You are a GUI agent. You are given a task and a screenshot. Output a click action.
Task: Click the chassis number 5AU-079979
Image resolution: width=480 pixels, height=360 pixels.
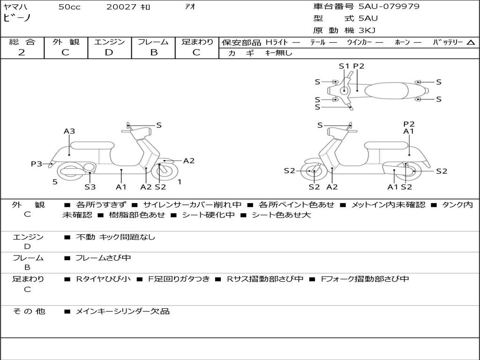(389, 7)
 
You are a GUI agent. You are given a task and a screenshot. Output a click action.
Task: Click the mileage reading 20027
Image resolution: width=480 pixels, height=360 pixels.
(121, 7)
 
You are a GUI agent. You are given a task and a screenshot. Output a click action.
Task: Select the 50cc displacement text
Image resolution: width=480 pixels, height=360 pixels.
(69, 7)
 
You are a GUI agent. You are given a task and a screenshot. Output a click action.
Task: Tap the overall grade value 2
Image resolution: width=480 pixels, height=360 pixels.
(22, 52)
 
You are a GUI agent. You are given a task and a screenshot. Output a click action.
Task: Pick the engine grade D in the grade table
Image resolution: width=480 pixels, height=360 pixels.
(109, 52)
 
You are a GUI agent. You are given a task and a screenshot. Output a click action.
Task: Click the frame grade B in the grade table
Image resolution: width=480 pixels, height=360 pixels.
(153, 52)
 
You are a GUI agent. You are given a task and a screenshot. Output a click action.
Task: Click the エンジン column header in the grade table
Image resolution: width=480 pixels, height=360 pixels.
(109, 42)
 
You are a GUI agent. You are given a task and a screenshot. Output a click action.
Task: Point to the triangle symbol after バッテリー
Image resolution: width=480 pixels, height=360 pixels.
(471, 42)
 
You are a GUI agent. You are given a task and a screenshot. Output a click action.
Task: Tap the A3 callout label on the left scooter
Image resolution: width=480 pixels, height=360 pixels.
(69, 131)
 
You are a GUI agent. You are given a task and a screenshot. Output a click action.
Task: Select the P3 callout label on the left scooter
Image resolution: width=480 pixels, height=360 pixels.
(37, 164)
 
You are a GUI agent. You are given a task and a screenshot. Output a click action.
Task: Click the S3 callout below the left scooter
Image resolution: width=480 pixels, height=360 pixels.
(90, 187)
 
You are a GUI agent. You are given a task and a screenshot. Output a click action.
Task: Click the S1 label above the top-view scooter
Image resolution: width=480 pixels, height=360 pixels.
(344, 66)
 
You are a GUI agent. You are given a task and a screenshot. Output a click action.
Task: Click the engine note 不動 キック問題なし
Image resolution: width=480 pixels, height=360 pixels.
(115, 237)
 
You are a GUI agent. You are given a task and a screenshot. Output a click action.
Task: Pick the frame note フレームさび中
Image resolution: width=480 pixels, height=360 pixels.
(103, 258)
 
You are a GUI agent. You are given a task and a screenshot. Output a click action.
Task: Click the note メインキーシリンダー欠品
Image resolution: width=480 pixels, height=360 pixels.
(122, 311)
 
